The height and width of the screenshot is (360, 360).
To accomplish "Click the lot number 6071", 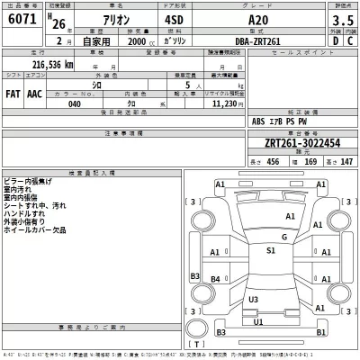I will [x=17, y=19].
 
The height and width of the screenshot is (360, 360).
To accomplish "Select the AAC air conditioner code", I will [x=33, y=93].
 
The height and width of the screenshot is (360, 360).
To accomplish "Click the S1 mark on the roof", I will [x=271, y=251].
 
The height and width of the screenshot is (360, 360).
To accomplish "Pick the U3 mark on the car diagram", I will [x=253, y=299].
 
